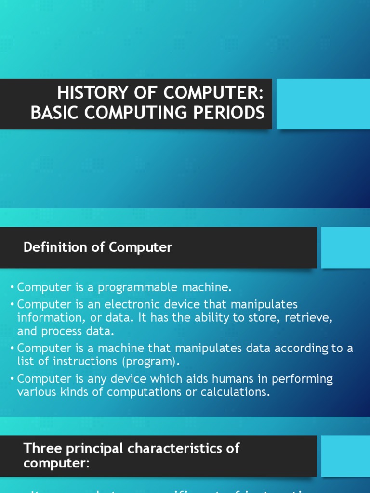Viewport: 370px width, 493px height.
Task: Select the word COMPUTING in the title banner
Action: [x=152, y=113]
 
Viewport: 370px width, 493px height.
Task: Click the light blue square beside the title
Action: [x=323, y=104]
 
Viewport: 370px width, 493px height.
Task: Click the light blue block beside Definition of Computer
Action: [x=345, y=247]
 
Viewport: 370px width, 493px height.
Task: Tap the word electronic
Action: [x=165, y=305]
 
